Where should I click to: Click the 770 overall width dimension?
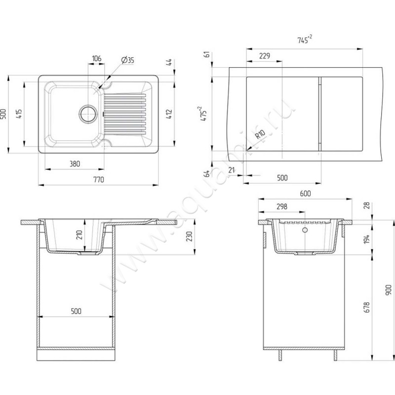[x=98, y=180]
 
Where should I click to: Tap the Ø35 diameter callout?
[x=127, y=60]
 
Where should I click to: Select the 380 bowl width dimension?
[x=75, y=164]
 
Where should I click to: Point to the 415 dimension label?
[x=19, y=114]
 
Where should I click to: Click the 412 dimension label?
[x=169, y=114]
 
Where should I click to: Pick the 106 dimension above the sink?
[x=96, y=58]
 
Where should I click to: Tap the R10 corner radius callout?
[x=260, y=134]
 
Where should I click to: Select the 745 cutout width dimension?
[x=305, y=39]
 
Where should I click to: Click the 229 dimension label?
[x=265, y=56]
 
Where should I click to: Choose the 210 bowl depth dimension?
[x=79, y=235]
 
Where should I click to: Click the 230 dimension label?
[x=189, y=237]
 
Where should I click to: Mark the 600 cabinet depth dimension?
[x=305, y=193]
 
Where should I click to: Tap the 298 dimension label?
[x=282, y=206]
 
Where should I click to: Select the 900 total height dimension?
[x=389, y=290]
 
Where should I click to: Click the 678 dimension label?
[x=366, y=307]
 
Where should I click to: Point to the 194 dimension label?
[x=366, y=239]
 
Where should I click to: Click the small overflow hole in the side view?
[x=305, y=230]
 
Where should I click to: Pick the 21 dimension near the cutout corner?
[x=232, y=170]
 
